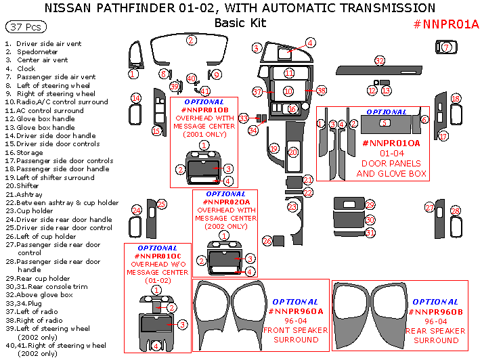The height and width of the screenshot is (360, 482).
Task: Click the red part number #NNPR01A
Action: click(x=445, y=24)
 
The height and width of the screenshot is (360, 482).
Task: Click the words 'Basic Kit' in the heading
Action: click(x=240, y=23)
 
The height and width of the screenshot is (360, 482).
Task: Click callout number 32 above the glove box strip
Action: click(x=380, y=61)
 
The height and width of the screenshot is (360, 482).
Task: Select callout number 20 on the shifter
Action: click(x=293, y=153)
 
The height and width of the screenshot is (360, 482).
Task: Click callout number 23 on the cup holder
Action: click(x=292, y=206)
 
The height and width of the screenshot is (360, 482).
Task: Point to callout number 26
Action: click(x=267, y=241)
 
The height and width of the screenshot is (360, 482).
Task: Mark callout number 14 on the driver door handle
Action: click(x=136, y=99)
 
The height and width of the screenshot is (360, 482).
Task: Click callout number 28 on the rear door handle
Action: click(x=455, y=211)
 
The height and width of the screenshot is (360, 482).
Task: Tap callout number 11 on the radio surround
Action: click(x=289, y=73)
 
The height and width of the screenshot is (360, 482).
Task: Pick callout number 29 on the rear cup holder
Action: click(x=370, y=204)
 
